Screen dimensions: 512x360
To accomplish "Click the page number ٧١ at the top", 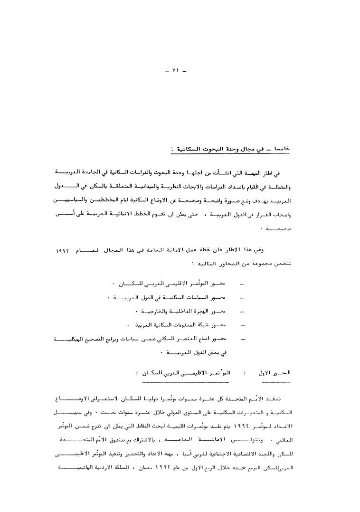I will point(176,71).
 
